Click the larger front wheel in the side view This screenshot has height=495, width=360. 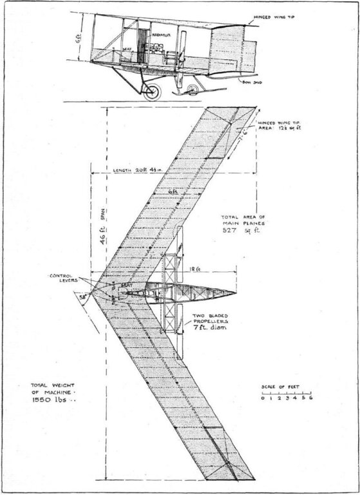tap(152, 91)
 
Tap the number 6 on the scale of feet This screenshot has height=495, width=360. tap(311, 398)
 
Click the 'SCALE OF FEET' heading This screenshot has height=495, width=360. tap(286, 386)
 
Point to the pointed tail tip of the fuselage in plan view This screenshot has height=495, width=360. tap(236, 293)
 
